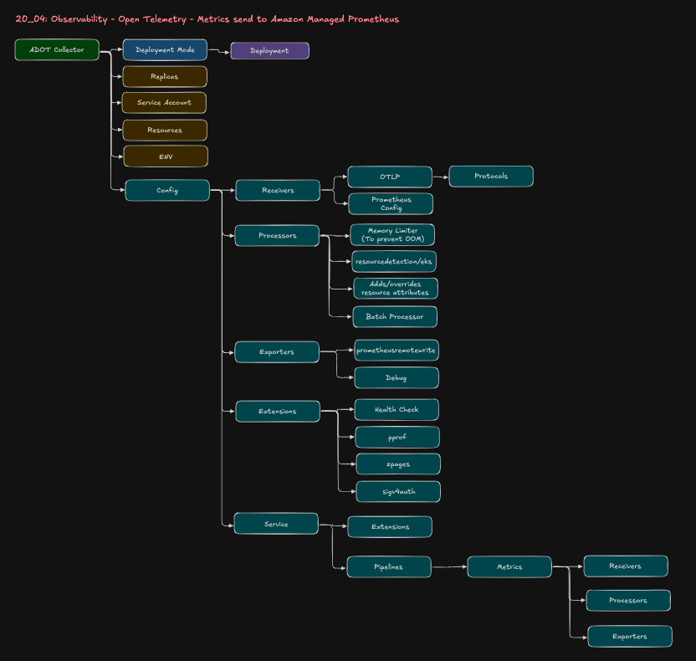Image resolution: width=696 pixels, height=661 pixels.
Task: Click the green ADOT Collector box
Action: point(56,50)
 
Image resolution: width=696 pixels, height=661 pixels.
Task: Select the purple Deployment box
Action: point(269,51)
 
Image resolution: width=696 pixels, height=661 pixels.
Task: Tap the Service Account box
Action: point(164,103)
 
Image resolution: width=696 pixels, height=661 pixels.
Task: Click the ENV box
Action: point(166,156)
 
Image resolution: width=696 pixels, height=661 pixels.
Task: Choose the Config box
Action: point(167,191)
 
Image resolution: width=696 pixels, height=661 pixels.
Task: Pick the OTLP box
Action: point(390,177)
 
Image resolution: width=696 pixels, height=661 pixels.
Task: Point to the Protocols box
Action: point(491,177)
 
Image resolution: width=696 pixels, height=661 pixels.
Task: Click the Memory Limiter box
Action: point(392,235)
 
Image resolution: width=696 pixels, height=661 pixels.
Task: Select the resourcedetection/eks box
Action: point(394,262)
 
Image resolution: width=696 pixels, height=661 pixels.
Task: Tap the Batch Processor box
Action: point(395,317)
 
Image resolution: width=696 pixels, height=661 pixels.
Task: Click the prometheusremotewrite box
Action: point(396,351)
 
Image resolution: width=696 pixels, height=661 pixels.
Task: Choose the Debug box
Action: point(397,378)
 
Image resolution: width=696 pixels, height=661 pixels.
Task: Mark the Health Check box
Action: point(397,410)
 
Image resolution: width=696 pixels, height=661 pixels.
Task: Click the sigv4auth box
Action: point(398,492)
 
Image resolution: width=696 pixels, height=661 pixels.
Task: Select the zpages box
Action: point(398,464)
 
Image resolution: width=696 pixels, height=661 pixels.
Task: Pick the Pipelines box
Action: point(389,567)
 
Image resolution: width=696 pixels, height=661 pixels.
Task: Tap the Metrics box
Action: point(509,567)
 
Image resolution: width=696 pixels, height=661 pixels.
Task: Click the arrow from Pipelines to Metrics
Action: point(449,567)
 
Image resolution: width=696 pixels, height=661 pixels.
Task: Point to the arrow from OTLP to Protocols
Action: point(441,177)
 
